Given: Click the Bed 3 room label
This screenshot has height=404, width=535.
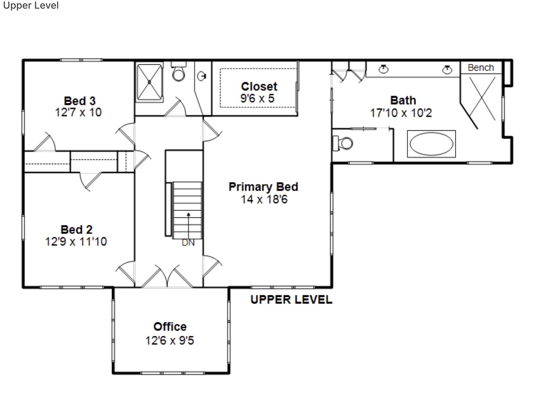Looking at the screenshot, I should [x=80, y=101].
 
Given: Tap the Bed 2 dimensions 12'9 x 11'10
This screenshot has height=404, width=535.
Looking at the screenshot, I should [x=76, y=241].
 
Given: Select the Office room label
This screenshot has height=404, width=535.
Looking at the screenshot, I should [x=170, y=327].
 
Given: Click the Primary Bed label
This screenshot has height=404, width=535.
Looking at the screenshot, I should [x=263, y=187].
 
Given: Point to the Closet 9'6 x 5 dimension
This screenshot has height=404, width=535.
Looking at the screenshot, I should [x=257, y=98].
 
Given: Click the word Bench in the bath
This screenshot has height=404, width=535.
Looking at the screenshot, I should [x=481, y=68].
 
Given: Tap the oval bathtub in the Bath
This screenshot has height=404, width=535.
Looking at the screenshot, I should [x=431, y=144].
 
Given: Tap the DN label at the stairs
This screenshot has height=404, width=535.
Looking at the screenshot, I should [x=188, y=243].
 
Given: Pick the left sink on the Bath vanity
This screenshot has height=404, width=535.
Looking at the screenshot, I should [x=383, y=69].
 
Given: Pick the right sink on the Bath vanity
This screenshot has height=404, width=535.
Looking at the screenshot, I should [x=447, y=70].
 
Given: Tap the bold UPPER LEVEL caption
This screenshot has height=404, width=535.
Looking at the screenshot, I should [x=291, y=300].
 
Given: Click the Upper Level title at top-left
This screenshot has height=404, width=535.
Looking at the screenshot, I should [x=31, y=5].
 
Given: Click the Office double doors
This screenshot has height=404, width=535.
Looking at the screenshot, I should [x=168, y=277].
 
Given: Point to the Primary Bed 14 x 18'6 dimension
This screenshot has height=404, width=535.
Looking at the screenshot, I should [x=264, y=200].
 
